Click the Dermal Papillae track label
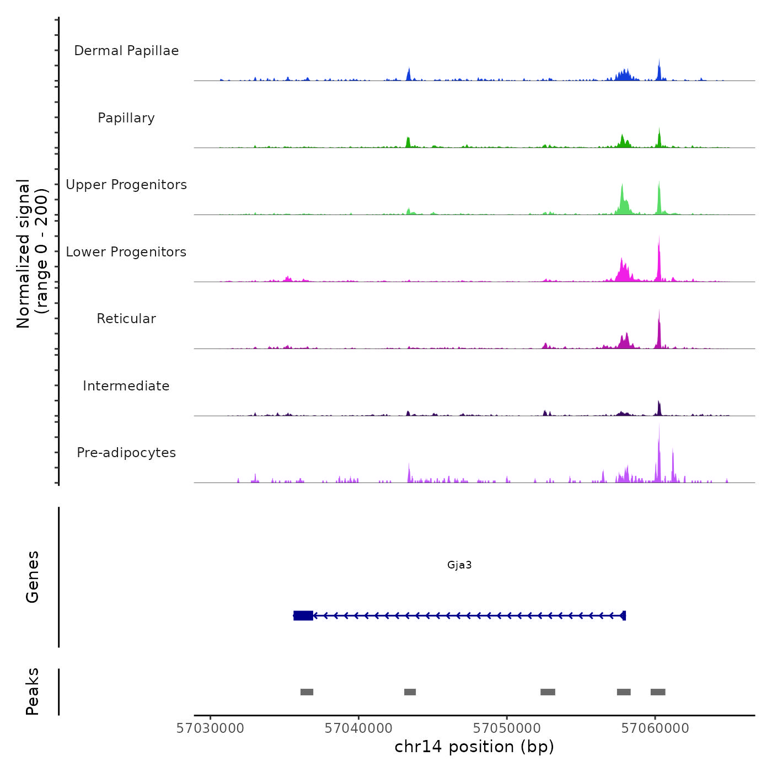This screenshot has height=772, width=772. tap(126, 51)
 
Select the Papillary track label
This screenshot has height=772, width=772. tap(126, 118)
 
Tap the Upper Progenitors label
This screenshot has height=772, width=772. tap(126, 185)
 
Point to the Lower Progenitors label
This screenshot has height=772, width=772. tap(126, 252)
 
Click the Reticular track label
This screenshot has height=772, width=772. tap(126, 319)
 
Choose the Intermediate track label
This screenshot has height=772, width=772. tap(126, 386)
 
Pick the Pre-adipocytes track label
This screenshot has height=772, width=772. tap(126, 453)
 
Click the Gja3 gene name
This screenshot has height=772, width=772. tap(459, 565)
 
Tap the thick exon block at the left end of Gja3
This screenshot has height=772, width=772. tap(303, 615)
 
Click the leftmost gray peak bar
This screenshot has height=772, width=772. tap(307, 692)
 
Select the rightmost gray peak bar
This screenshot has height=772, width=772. tap(658, 692)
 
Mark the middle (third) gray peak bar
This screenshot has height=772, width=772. tap(548, 692)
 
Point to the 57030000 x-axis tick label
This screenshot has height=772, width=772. tap(210, 728)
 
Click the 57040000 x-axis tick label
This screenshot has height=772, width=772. tap(358, 728)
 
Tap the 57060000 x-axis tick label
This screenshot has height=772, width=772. tap(655, 728)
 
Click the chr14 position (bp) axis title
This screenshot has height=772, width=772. tap(474, 747)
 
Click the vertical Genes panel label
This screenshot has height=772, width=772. tap(33, 577)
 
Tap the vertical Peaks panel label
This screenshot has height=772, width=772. tap(33, 691)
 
